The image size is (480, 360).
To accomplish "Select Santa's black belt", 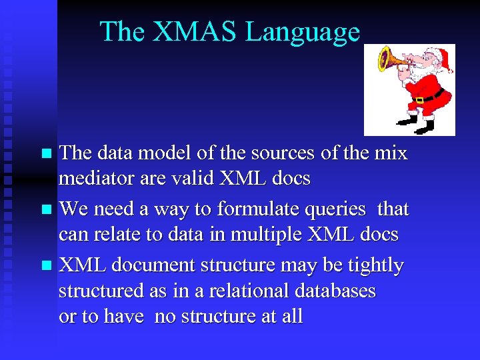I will click(427, 97).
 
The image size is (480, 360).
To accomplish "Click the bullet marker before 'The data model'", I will click(46, 154).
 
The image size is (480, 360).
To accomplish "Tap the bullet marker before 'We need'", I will click(46, 210).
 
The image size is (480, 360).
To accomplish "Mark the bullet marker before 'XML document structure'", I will click(46, 266).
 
